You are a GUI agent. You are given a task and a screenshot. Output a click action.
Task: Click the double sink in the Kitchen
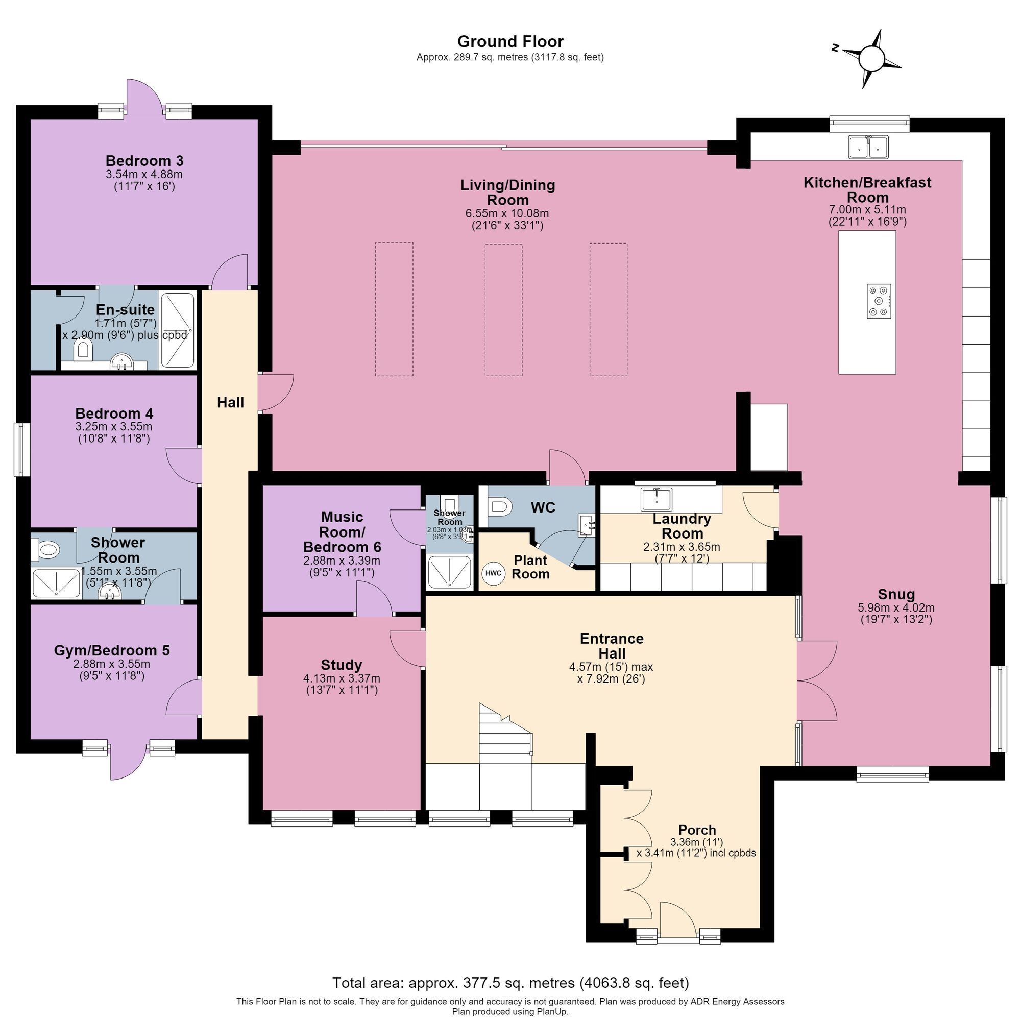[x=868, y=147]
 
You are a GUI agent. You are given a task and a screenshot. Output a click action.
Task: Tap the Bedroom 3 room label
[x=144, y=161]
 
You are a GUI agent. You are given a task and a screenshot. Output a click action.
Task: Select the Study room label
[x=342, y=665]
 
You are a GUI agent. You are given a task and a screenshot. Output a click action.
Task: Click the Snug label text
[x=896, y=595]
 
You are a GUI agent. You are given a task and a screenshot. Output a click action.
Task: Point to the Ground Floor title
[x=510, y=41]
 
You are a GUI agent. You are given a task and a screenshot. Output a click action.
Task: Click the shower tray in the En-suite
[x=178, y=331]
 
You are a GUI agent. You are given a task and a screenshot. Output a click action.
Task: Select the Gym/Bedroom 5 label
[x=112, y=650]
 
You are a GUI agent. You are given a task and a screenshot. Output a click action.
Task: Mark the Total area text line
[x=510, y=982]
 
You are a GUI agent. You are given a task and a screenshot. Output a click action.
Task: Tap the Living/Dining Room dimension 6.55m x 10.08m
[x=507, y=213]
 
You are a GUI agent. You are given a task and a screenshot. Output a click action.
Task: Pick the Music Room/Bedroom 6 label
[x=342, y=531]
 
